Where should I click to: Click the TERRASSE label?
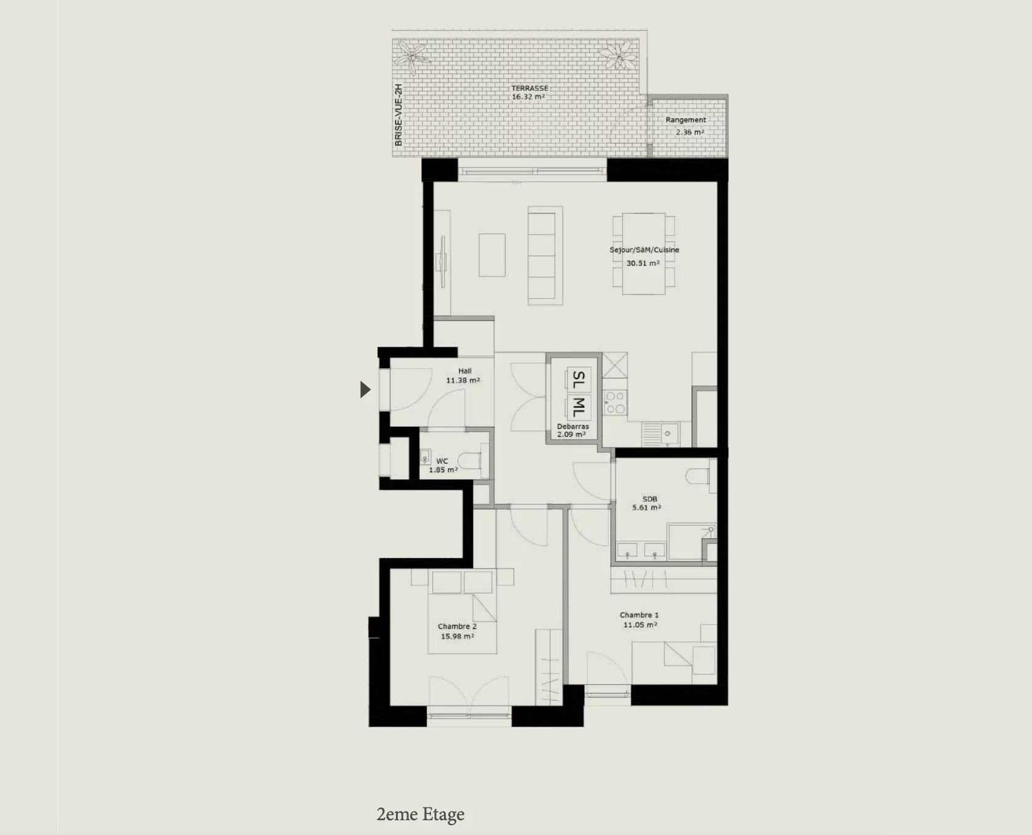click(x=530, y=88)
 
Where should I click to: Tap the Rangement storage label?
click(x=685, y=120)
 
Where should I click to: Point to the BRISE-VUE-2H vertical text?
click(x=398, y=115)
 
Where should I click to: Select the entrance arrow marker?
click(x=365, y=389)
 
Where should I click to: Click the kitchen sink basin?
click(x=666, y=434)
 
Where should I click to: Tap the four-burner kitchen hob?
click(x=615, y=402)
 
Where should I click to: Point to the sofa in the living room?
click(x=545, y=255)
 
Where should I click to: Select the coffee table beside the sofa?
click(x=492, y=254)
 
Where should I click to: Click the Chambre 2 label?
click(x=457, y=626)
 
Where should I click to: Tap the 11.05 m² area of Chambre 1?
click(x=640, y=624)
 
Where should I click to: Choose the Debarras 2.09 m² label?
click(x=572, y=430)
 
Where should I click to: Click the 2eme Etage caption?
click(x=421, y=815)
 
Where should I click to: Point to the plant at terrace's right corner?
click(x=617, y=54)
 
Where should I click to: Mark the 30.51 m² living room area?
click(x=643, y=263)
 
